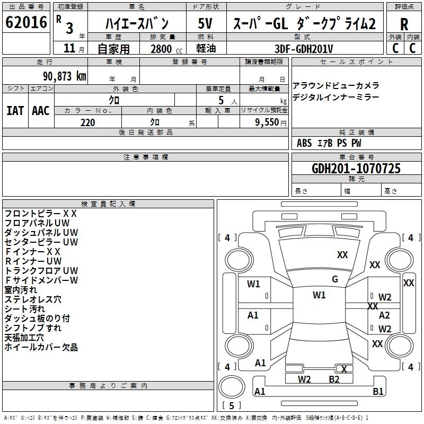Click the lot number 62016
(x=26, y=23)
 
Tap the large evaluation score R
(x=404, y=24)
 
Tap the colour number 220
(x=87, y=122)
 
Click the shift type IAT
(x=15, y=110)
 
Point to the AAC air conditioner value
(x=41, y=110)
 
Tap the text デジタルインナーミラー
(x=335, y=98)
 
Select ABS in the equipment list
(x=304, y=143)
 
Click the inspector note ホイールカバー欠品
(x=41, y=347)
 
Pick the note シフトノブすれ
(x=33, y=328)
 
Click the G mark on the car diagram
(x=334, y=279)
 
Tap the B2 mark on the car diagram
(x=334, y=379)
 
